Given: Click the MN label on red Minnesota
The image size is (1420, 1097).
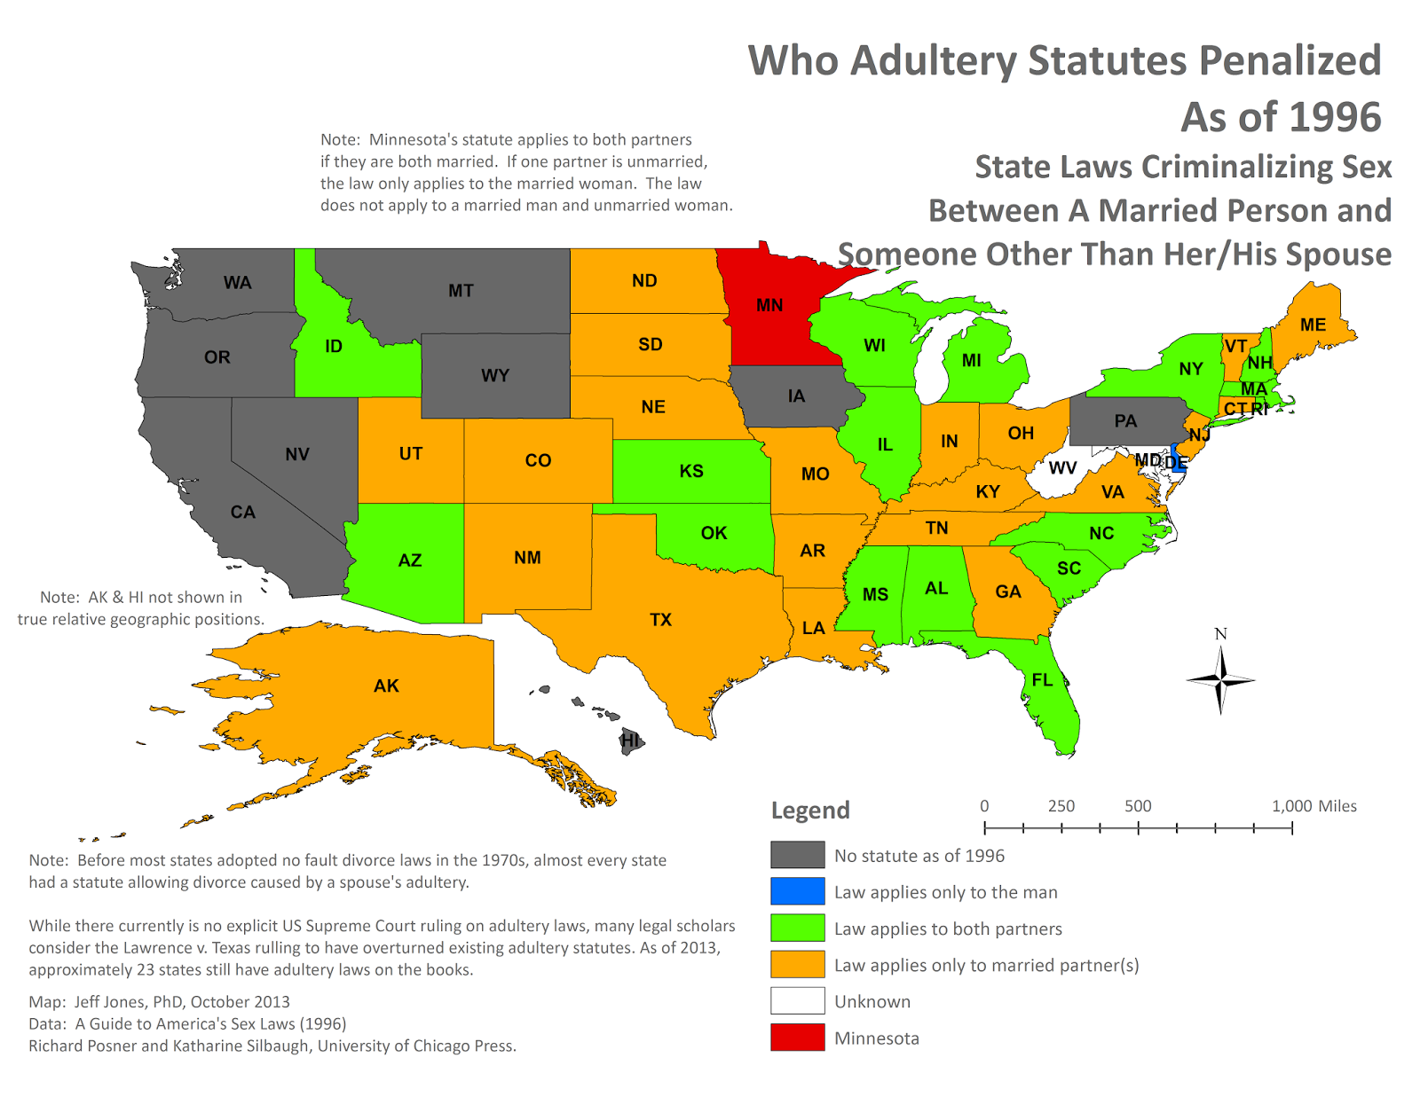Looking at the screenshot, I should click(769, 305).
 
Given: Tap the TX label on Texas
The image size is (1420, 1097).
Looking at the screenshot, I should click(660, 620).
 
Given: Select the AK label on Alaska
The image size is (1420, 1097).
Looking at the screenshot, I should click(386, 686).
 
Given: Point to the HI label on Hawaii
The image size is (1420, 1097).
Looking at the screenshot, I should click(630, 740).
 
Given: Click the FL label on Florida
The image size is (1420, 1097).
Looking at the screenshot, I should click(1042, 680).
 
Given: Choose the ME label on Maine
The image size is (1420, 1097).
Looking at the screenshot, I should click(1313, 325).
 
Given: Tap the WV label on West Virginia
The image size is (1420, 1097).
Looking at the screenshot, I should click(1062, 467).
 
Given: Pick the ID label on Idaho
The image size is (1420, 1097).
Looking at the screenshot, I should click(334, 346).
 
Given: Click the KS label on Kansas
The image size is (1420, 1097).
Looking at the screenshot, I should click(691, 471).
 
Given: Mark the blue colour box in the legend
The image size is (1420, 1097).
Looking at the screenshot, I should click(797, 891).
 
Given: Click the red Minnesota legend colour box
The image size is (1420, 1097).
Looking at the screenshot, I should click(797, 1038).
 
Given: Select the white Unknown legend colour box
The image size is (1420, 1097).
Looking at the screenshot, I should click(797, 1001).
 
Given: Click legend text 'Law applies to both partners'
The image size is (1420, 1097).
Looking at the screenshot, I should click(948, 929).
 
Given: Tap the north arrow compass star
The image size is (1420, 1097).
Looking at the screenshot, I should click(1221, 680).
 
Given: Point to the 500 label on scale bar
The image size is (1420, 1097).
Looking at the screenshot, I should click(1138, 806).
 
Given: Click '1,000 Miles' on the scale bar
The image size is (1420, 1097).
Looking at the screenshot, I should click(1313, 806).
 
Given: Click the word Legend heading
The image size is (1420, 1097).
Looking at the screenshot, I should click(810, 811).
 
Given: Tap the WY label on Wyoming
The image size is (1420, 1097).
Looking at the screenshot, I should click(495, 375).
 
